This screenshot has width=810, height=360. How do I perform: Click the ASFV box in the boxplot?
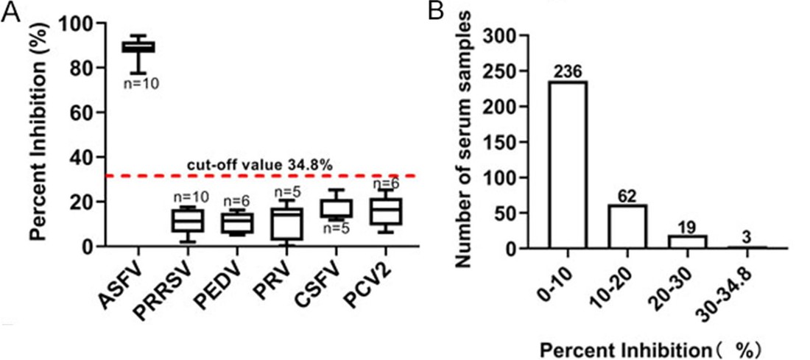[138, 47]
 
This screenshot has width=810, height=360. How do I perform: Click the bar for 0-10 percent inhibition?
[567, 165]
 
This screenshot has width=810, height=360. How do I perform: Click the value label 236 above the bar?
[567, 72]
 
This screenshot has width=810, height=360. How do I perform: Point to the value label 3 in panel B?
[746, 237]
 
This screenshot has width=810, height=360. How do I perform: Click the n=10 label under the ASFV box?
[140, 83]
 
